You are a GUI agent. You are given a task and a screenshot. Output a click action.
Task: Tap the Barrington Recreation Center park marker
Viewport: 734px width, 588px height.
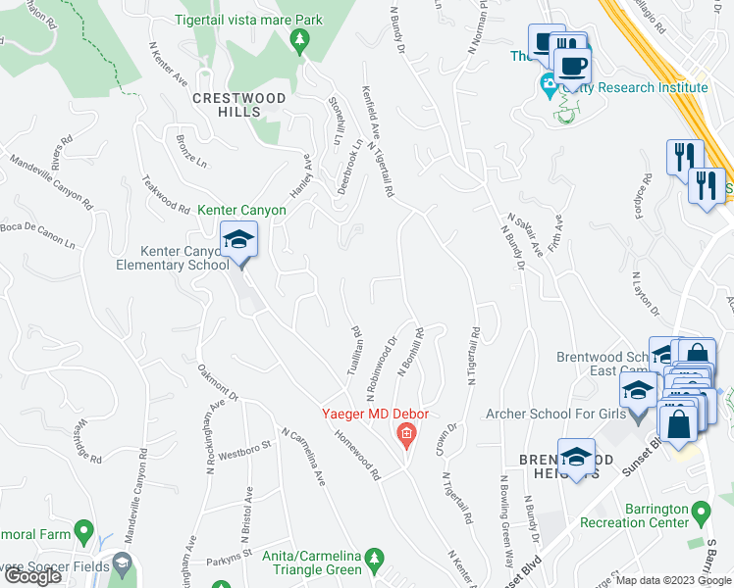[x=701, y=513]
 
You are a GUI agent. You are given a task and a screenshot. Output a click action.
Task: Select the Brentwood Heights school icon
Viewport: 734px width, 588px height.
[x=576, y=458]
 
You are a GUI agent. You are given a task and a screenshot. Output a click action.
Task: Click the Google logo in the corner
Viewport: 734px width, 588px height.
[x=33, y=576]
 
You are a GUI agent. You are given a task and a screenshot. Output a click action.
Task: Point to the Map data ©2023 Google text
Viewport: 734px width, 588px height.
[x=673, y=580]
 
